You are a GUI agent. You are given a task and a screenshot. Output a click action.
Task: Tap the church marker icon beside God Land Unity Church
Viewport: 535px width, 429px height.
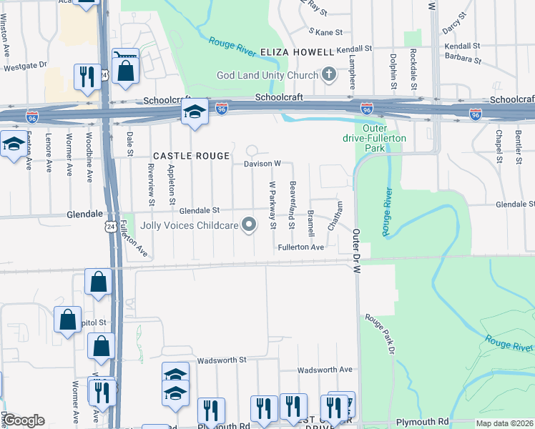tap(329, 74)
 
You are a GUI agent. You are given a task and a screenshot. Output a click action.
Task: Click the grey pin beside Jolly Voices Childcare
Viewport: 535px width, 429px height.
tap(250, 225)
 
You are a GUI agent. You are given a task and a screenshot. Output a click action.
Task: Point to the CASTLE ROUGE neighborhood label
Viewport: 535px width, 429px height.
tap(192, 155)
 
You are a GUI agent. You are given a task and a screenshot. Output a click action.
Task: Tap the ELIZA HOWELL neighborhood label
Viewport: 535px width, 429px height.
tap(297, 52)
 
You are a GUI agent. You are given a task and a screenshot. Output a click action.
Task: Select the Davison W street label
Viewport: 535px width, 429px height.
tap(262, 164)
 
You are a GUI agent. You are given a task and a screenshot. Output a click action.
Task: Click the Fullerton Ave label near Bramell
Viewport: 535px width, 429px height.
tap(301, 247)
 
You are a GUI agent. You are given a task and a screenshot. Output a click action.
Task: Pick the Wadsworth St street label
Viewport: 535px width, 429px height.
tap(222, 360)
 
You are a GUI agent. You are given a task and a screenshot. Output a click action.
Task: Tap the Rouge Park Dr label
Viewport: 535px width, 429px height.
tap(380, 333)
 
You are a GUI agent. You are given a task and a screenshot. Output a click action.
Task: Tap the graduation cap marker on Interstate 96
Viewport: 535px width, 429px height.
tap(194, 112)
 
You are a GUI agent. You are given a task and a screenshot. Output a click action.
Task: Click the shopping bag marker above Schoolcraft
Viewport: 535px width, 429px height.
tap(125, 70)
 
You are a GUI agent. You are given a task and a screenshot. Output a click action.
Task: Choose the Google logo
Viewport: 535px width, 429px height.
tap(24, 420)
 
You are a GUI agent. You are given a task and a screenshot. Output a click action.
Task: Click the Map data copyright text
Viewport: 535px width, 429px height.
tap(505, 423)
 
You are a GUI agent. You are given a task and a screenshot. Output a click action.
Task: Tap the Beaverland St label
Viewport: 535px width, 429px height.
tap(292, 206)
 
